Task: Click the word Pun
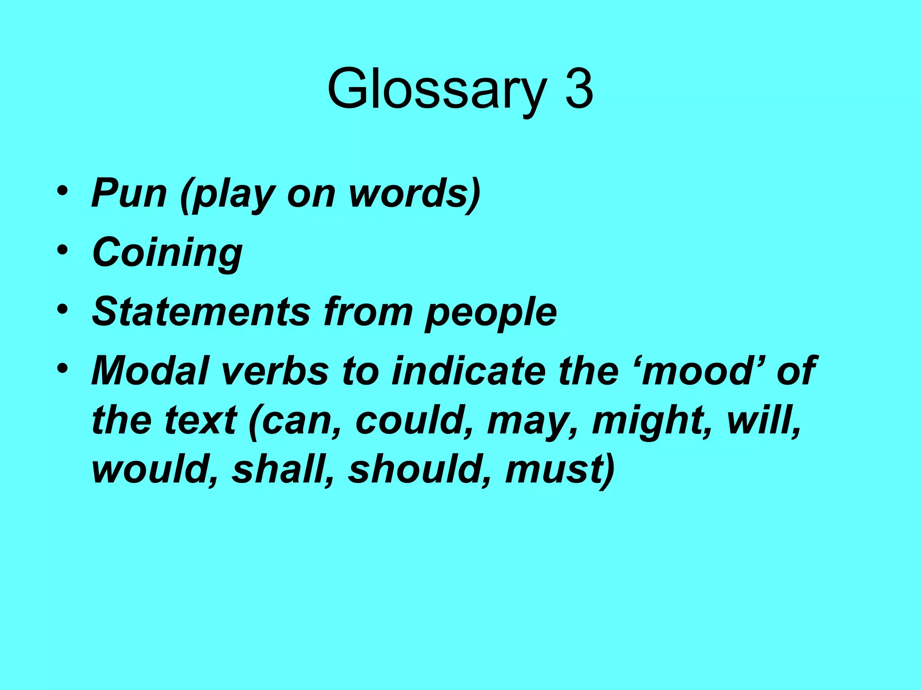[x=129, y=193]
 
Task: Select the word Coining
[x=167, y=252]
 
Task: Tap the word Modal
[x=150, y=371]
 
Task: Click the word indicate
[x=468, y=371]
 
